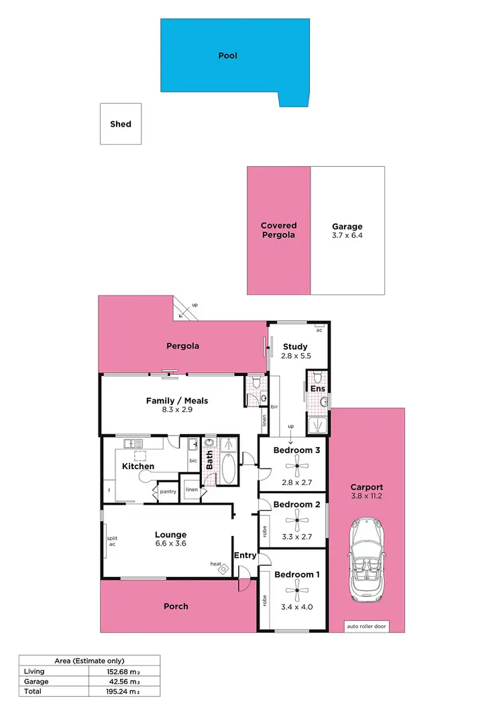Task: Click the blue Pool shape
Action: pyautogui.click(x=228, y=55)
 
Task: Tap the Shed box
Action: pyautogui.click(x=121, y=124)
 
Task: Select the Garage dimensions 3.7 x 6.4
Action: pyautogui.click(x=347, y=236)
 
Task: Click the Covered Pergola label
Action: pyautogui.click(x=278, y=231)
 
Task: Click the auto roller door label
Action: pyautogui.click(x=366, y=627)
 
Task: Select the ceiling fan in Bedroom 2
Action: pyautogui.click(x=296, y=519)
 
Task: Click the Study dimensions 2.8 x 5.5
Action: pyautogui.click(x=295, y=357)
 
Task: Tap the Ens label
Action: pyautogui.click(x=317, y=388)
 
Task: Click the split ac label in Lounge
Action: pyautogui.click(x=111, y=541)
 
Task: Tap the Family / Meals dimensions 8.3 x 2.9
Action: pyautogui.click(x=177, y=410)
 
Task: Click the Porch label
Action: pyautogui.click(x=176, y=606)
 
